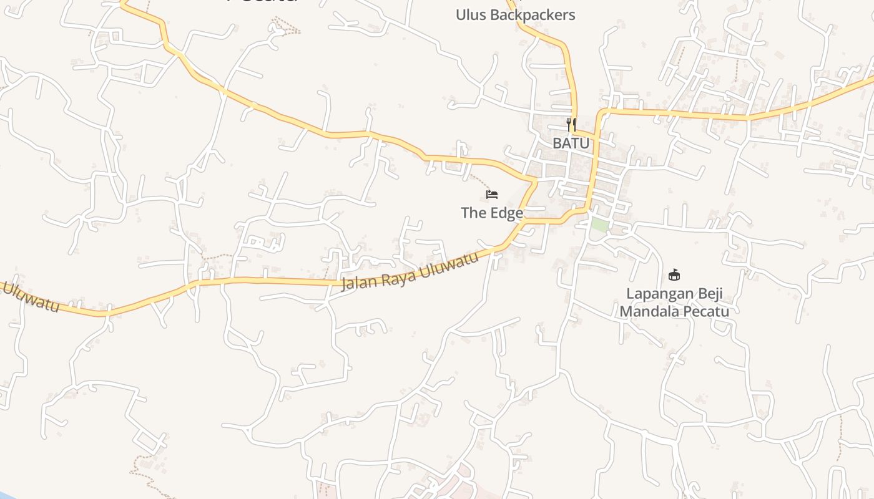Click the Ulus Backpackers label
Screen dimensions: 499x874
[x=515, y=15]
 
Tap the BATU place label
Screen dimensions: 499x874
[x=571, y=143]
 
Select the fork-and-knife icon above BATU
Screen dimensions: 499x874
[x=571, y=124]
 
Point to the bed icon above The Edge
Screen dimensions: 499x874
[x=492, y=194]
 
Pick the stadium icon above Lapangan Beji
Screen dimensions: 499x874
[x=674, y=274]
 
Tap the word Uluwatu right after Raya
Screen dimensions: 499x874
[x=449, y=264]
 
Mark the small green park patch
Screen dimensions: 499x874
[x=599, y=225]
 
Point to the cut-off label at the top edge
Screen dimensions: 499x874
[x=262, y=2]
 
